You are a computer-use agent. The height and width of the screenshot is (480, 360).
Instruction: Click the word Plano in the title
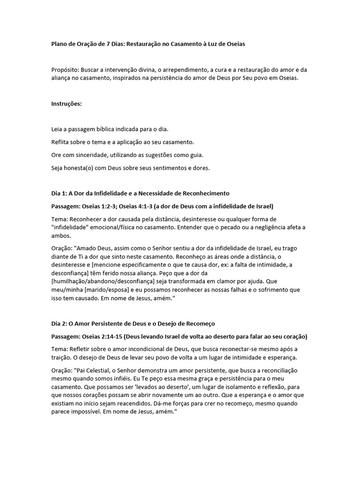coord(60,44)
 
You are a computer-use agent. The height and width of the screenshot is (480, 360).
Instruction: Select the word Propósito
coord(65,70)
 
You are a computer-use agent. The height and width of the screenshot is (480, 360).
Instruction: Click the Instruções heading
coord(67,104)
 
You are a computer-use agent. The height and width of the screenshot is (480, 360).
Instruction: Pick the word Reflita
coord(61,142)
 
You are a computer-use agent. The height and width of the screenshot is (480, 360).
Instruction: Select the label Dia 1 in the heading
coord(59,193)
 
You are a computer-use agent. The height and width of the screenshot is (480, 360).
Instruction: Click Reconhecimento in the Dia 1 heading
coord(201,193)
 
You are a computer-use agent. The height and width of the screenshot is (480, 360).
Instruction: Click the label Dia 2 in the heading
coord(59,324)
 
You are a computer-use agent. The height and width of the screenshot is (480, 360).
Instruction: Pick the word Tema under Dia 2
coord(59,349)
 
